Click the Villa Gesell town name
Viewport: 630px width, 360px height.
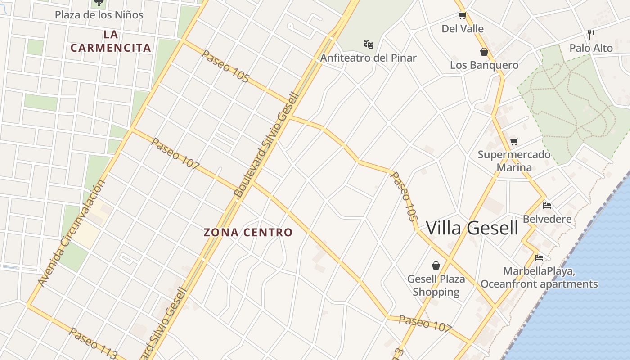point(472,228)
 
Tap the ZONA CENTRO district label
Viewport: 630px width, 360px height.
point(248,233)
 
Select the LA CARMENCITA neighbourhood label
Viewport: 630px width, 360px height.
point(110,41)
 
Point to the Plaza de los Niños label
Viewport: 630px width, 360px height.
point(99,15)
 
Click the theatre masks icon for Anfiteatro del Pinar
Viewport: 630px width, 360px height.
point(369,44)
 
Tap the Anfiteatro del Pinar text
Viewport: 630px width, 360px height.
point(368,58)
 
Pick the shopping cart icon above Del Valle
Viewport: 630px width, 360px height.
point(462,16)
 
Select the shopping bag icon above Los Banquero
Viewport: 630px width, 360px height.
point(484,52)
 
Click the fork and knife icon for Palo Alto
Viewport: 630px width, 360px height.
point(591,34)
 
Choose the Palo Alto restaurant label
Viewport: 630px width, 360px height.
point(591,48)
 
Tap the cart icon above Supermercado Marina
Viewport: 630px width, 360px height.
point(514,141)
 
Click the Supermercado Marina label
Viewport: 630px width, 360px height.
point(514,161)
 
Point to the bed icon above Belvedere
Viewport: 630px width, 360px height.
point(547,206)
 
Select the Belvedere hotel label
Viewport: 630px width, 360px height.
point(547,219)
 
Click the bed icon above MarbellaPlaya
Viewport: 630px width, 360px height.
point(539,258)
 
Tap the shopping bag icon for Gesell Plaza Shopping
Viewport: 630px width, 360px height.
point(436,265)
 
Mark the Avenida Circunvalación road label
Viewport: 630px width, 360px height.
point(72,233)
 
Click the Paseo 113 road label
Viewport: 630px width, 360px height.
point(94,343)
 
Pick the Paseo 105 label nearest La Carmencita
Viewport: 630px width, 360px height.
point(225,66)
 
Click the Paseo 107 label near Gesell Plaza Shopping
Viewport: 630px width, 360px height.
point(425,323)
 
